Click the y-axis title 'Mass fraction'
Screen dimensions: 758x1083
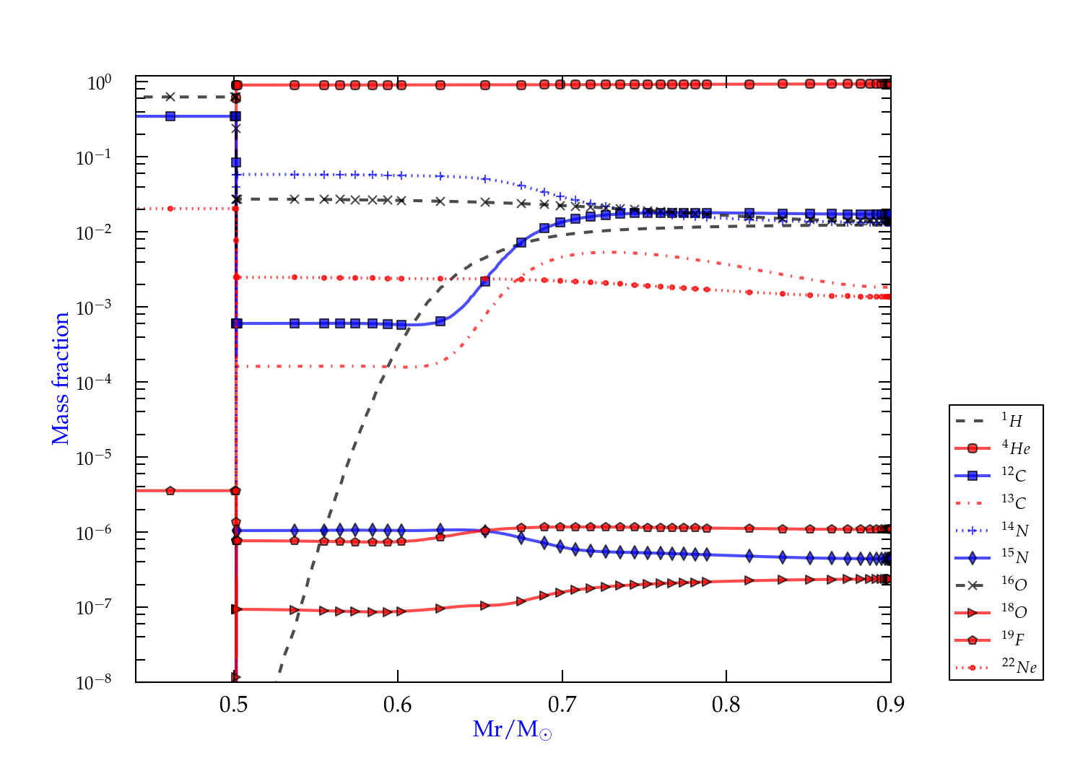[x=61, y=378]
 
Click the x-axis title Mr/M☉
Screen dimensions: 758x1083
[x=512, y=730]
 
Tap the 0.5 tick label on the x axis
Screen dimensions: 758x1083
[x=233, y=705]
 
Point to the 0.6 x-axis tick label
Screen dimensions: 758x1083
[x=398, y=705]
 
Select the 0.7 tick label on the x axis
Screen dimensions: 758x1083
[x=562, y=705]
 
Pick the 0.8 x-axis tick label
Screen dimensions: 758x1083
[x=726, y=705]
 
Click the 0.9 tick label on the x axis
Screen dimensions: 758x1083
[x=890, y=705]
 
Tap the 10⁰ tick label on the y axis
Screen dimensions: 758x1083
[x=99, y=83]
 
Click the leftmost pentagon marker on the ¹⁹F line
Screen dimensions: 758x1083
[x=170, y=491]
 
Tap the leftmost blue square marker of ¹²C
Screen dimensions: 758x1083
[x=170, y=116]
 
